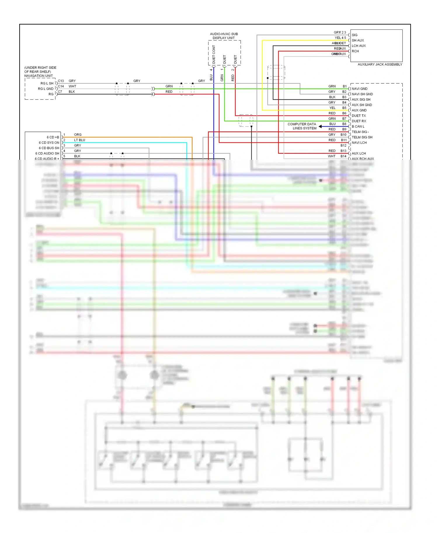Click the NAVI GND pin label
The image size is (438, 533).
[359, 89]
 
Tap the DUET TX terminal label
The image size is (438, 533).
[359, 116]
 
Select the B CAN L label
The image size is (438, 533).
[358, 127]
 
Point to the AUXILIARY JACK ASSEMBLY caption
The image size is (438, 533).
[380, 64]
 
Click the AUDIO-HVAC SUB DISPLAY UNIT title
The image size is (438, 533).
[224, 36]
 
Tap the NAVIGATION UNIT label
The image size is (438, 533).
[39, 76]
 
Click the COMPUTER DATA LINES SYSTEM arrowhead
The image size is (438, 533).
[320, 126]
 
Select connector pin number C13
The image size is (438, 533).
[61, 81]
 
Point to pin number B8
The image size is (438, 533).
[344, 124]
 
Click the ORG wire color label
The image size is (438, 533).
[78, 135]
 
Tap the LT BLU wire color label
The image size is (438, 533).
[79, 140]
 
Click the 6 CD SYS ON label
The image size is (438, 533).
[49, 143]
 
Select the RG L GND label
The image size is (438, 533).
[46, 89]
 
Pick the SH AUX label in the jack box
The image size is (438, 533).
[358, 41]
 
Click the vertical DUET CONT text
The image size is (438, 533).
[214, 55]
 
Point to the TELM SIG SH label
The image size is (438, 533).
[362, 137]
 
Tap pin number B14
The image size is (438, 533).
[343, 156]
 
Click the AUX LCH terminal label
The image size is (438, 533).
[359, 153]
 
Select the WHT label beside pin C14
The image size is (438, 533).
[72, 86]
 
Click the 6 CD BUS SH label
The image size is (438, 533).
[49, 148]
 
